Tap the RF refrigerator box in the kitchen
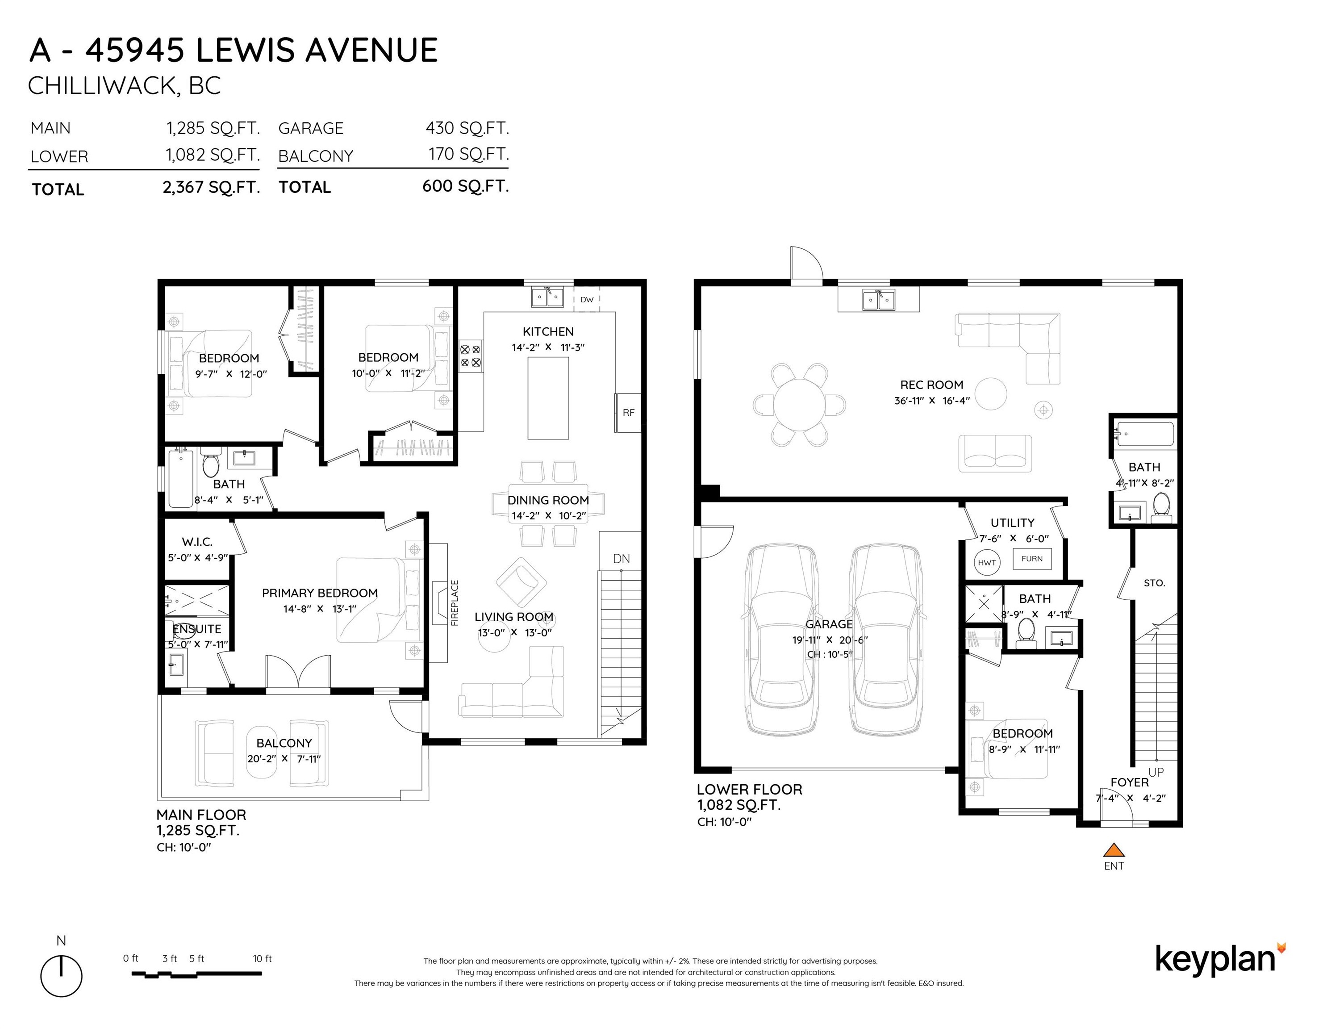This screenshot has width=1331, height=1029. [x=628, y=413]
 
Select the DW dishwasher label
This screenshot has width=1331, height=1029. [x=587, y=299]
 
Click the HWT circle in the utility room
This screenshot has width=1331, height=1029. [x=987, y=562]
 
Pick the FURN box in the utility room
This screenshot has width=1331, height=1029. [x=1032, y=558]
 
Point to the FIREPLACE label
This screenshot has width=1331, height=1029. [x=454, y=603]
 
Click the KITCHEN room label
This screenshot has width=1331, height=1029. [x=548, y=332]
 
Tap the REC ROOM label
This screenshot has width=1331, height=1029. [x=931, y=385]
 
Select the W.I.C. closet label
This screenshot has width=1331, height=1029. [x=197, y=542]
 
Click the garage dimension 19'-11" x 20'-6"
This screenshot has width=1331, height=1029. [x=830, y=640]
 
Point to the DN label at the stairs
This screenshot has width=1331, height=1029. [x=621, y=558]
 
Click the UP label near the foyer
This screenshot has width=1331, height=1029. [x=1156, y=772]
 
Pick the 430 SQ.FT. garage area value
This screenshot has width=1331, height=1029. [x=467, y=128]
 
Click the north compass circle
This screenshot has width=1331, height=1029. [x=62, y=976]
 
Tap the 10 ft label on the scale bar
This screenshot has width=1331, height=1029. [x=262, y=958]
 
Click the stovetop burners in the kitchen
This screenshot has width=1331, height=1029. [x=470, y=356]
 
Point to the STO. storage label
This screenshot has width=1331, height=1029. [x=1154, y=583]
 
